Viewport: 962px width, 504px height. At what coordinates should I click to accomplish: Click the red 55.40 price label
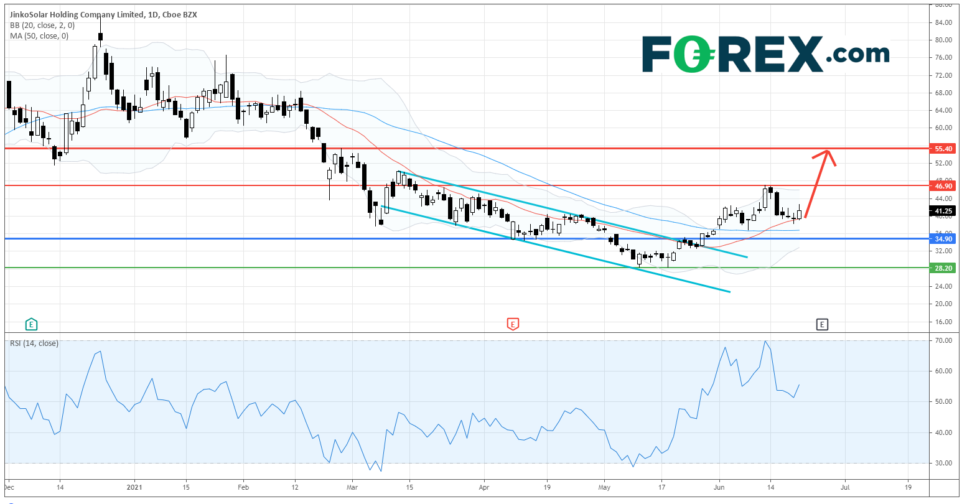943,149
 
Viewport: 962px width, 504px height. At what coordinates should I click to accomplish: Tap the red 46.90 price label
943,185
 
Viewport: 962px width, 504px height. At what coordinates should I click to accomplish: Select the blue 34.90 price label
943,238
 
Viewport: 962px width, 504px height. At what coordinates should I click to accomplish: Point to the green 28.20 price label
943,268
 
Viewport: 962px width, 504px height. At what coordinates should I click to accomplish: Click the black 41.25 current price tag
943,211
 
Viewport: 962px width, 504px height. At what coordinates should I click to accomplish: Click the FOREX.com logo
765,54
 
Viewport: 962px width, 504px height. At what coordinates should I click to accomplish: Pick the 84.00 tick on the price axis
943,22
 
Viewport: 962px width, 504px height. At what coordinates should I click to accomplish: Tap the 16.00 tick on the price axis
943,322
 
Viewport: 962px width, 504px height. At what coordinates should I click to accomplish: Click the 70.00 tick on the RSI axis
943,341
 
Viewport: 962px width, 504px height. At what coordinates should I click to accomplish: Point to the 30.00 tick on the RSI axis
943,463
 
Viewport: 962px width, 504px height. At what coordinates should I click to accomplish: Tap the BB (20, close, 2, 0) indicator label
42,26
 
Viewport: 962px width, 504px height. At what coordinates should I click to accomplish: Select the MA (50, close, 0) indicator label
39,36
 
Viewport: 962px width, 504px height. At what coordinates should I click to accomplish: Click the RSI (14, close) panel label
34,343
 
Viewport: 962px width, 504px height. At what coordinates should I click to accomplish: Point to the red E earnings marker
512,324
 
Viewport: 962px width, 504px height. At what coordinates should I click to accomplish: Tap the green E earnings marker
30,324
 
